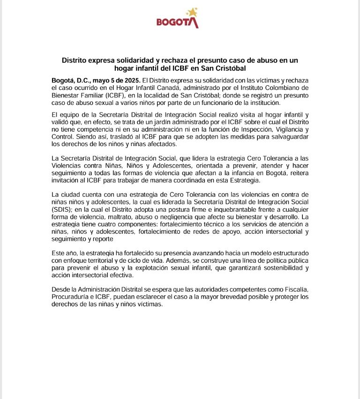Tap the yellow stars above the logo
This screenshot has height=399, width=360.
pyautogui.click(x=192, y=12)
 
